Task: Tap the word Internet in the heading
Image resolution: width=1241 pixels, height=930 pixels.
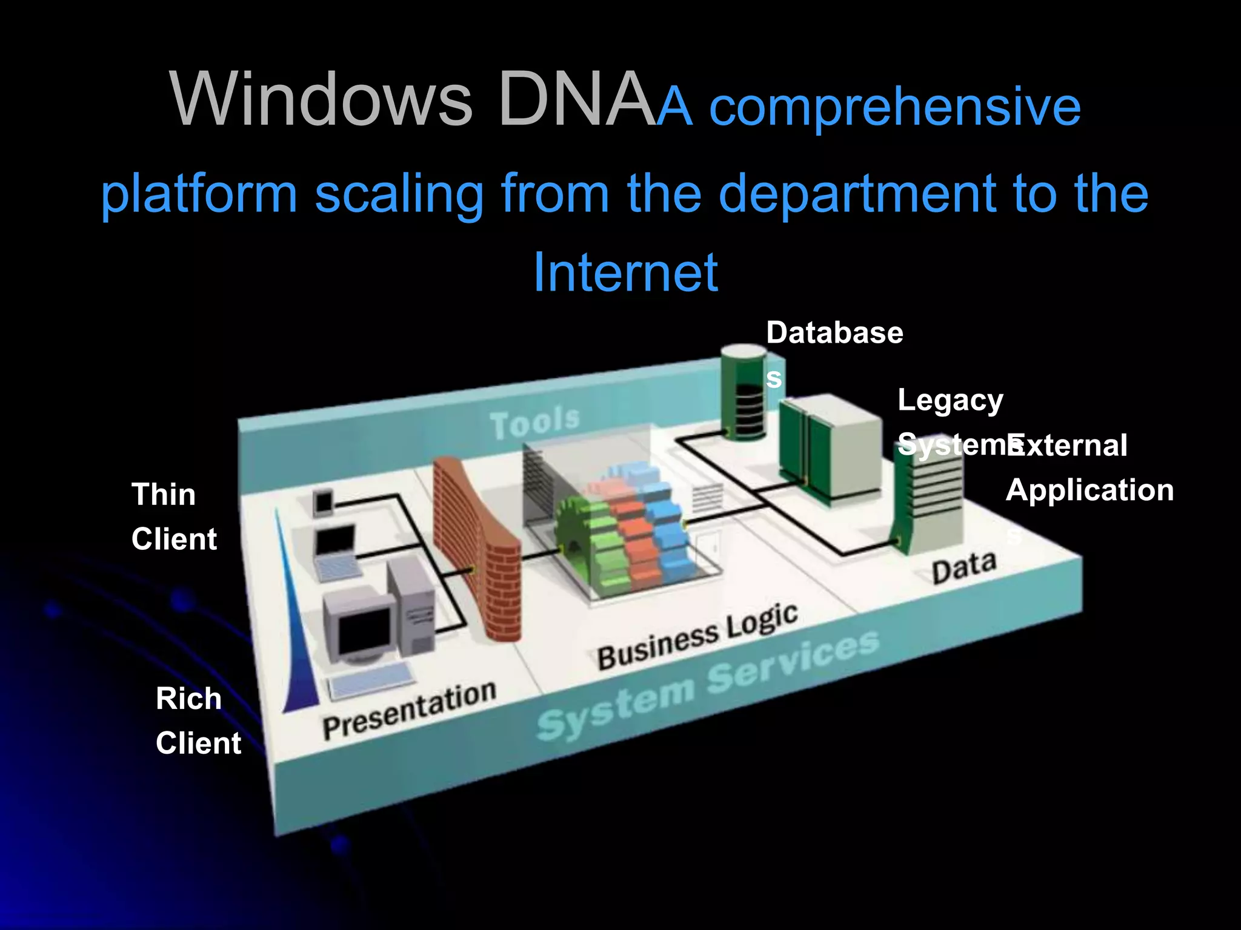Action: (625, 272)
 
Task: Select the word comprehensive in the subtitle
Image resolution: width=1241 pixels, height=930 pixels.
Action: (894, 108)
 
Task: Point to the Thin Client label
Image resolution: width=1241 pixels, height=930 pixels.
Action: (173, 516)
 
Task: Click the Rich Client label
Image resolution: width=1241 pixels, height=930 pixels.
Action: (198, 721)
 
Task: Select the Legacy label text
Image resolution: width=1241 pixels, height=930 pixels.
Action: (950, 401)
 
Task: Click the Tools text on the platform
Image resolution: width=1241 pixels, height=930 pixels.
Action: (535, 421)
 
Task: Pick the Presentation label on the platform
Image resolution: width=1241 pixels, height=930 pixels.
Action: (410, 710)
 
